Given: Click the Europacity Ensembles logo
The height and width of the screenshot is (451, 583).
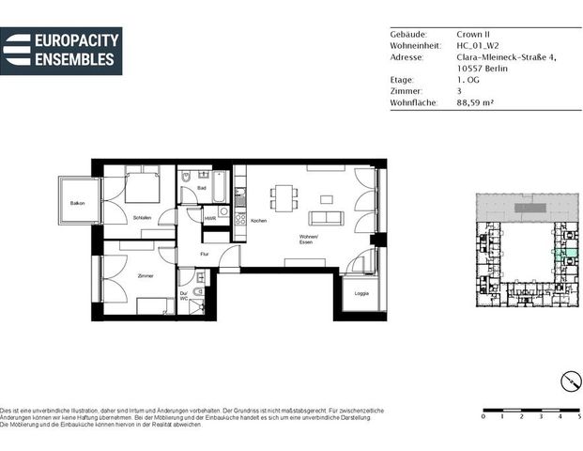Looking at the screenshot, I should point(61,51).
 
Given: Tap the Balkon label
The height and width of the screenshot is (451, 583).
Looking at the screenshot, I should point(76,203).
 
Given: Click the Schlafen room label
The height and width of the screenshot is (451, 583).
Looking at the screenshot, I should point(142,218).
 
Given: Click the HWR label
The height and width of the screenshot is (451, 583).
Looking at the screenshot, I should point(210,218).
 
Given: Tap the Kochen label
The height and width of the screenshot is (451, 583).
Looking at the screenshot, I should point(258,220).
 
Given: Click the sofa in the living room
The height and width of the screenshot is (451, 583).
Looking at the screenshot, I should point(326,218).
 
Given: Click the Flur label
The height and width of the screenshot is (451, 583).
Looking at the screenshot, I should point(205,255).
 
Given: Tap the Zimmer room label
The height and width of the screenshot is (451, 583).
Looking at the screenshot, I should point(145,275).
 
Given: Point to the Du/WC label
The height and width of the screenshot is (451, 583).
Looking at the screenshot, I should point(184,295).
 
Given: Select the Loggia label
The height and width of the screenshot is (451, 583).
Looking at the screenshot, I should point(361,293).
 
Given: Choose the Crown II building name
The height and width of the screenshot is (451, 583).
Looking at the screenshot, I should point(472,34).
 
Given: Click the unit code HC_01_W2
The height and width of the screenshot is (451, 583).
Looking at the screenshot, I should point(478,45).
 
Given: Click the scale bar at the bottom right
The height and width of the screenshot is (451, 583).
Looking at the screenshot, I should point(530,408).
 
